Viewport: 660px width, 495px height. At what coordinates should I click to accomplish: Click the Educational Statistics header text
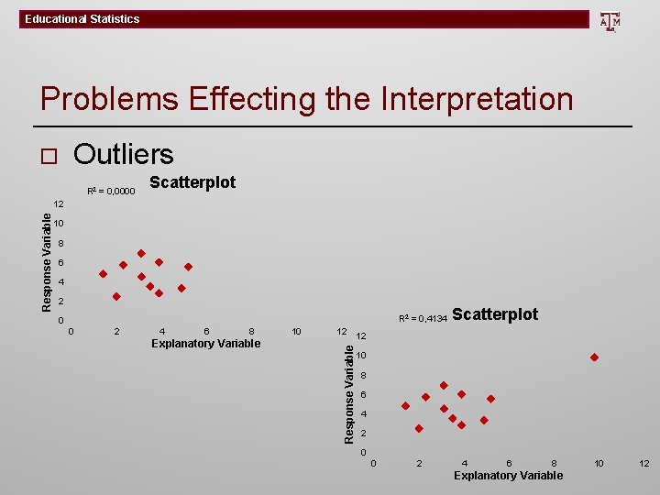pyautogui.click(x=82, y=19)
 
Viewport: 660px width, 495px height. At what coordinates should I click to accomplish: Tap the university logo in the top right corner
pyautogui.click(x=610, y=20)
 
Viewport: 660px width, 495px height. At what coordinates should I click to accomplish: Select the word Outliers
pyautogui.click(x=124, y=154)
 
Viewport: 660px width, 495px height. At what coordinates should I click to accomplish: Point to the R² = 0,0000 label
pyautogui.click(x=113, y=192)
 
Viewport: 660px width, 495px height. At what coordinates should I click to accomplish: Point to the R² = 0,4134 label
pyautogui.click(x=423, y=319)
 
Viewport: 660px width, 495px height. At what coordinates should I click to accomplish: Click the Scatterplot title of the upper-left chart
pyautogui.click(x=192, y=182)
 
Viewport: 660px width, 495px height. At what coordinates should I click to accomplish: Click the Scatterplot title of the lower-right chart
pyautogui.click(x=495, y=314)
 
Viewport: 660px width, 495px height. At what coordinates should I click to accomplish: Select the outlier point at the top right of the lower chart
pyautogui.click(x=594, y=357)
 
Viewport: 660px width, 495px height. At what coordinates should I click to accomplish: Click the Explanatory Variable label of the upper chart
pyautogui.click(x=205, y=344)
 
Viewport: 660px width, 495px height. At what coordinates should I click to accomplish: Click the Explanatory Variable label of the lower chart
pyautogui.click(x=508, y=475)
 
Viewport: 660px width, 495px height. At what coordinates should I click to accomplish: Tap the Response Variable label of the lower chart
pyautogui.click(x=348, y=392)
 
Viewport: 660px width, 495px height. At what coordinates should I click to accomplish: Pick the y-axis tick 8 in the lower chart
pyautogui.click(x=363, y=376)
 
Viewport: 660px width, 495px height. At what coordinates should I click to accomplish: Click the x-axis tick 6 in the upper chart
pyautogui.click(x=207, y=331)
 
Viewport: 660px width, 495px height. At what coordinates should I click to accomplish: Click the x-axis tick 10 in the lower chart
pyautogui.click(x=599, y=464)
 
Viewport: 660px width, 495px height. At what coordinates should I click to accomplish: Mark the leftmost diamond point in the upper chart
pyautogui.click(x=103, y=273)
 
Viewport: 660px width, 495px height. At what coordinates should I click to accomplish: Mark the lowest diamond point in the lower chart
pyautogui.click(x=419, y=428)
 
